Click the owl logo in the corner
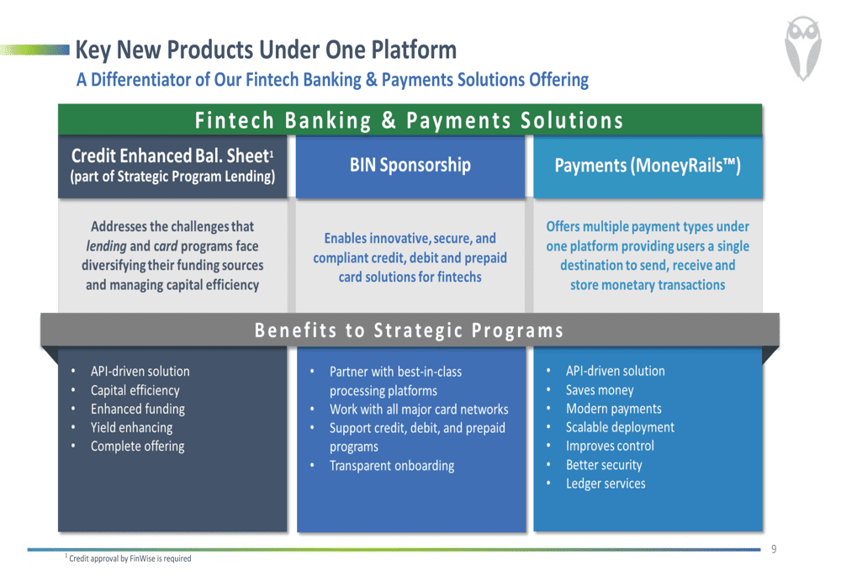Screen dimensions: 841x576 coord(803,48)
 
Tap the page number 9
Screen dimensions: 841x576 coord(774,548)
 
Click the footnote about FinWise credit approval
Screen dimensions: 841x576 coord(128,558)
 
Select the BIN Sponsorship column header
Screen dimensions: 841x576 coord(410,165)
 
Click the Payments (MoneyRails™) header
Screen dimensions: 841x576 coord(648,165)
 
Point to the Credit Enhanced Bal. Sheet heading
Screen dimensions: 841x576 coord(172,156)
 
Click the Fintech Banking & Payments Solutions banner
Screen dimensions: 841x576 coord(410,120)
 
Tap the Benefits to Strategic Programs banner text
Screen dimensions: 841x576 coord(410,330)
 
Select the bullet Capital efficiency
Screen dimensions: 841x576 coord(135,390)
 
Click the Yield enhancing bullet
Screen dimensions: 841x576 coord(131,427)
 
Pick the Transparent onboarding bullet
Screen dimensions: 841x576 coord(392,466)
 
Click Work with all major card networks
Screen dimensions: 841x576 coord(419,410)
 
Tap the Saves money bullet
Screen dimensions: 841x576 coord(600,390)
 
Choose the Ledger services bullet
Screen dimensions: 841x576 coord(606,484)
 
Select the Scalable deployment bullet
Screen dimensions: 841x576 coord(620,427)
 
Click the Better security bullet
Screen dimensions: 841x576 coord(604,465)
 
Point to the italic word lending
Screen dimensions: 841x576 coord(106,246)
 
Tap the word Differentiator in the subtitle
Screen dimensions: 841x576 coord(141,79)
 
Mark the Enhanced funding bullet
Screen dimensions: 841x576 coord(137,410)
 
